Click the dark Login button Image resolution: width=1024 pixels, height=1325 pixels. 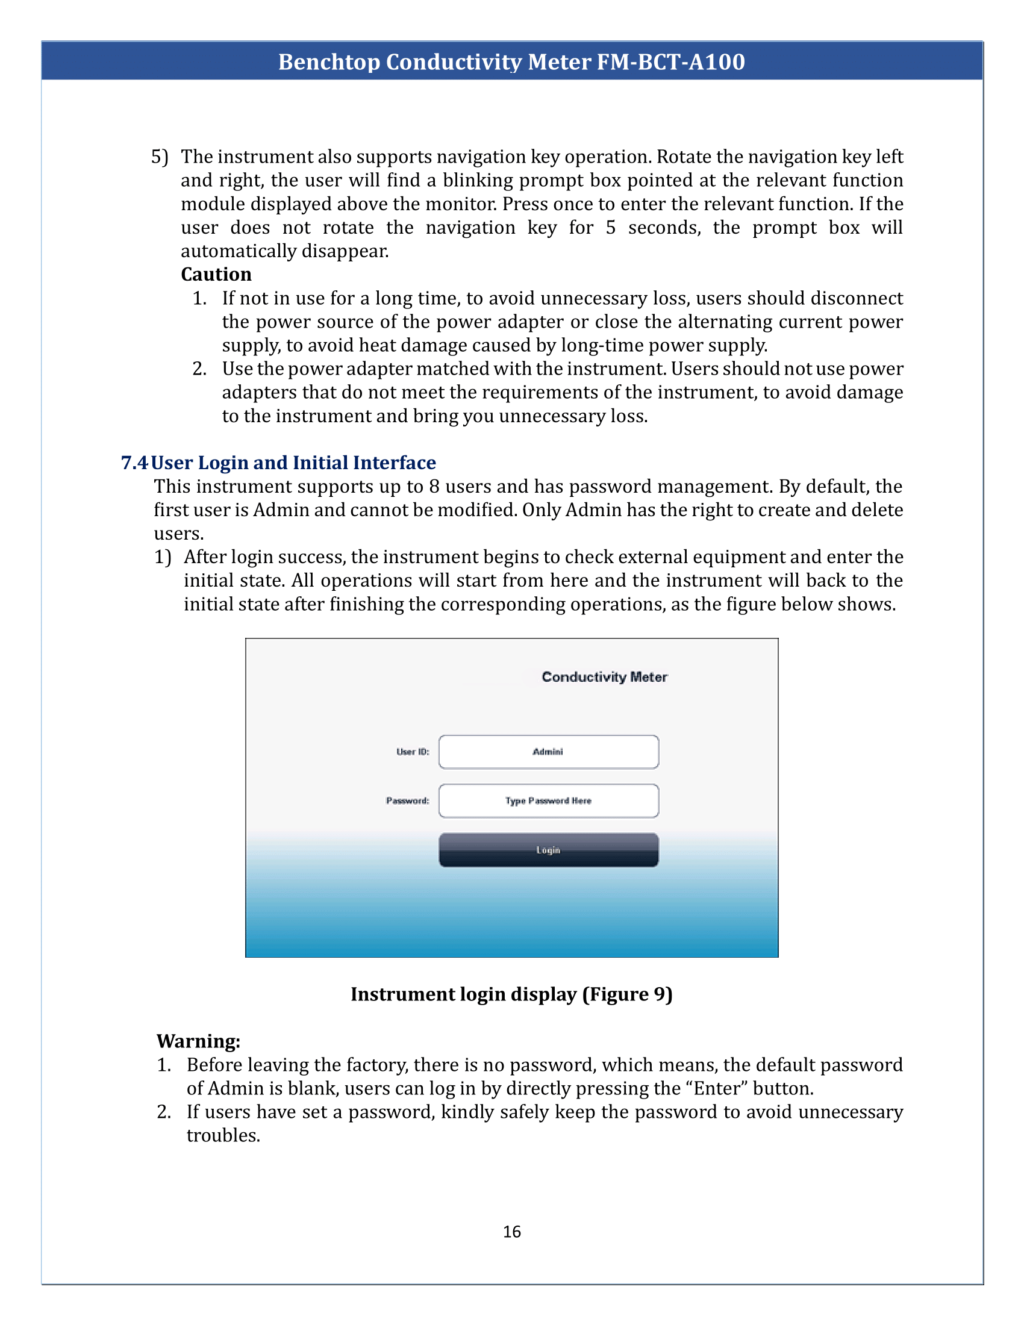(548, 849)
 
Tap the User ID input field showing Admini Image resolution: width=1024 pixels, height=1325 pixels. (548, 752)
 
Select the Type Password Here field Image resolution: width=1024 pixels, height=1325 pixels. (548, 801)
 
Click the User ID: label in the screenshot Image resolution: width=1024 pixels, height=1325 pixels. (413, 752)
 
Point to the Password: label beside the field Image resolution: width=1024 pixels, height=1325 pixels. (407, 801)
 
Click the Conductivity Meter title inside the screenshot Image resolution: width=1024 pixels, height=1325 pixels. (604, 677)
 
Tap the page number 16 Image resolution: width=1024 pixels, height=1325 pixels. (511, 1232)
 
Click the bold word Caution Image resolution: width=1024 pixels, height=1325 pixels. (216, 274)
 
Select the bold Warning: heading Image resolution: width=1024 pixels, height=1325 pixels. (198, 1041)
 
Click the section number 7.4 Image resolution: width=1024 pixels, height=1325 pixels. (134, 463)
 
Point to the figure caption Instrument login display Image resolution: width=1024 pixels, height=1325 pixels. (463, 994)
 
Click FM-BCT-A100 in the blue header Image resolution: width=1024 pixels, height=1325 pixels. (670, 62)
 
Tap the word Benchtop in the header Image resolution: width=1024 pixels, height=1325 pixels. (328, 62)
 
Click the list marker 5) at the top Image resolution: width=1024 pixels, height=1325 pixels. (159, 157)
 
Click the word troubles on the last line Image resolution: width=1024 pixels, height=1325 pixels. (223, 1136)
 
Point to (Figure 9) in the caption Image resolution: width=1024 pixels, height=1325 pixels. (627, 994)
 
